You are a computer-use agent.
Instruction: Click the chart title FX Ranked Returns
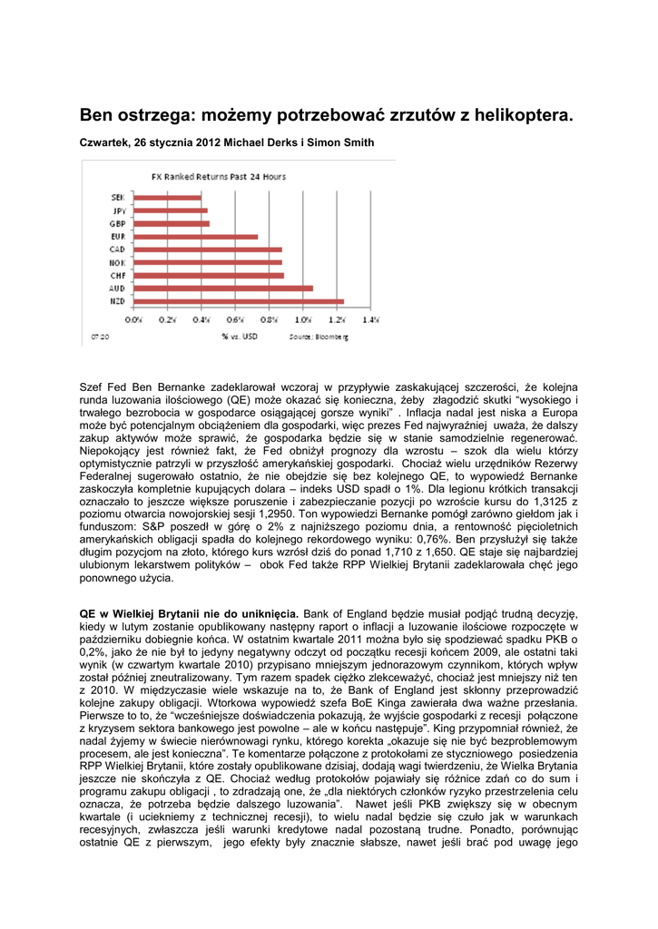coord(218,176)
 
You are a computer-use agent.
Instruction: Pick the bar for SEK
coord(167,197)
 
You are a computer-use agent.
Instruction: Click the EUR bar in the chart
coord(195,237)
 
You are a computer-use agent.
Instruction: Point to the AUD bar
coord(223,288)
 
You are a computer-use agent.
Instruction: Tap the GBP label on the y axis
coord(118,223)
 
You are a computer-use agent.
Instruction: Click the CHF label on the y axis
coord(118,275)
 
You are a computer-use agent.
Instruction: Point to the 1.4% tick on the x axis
coord(370,319)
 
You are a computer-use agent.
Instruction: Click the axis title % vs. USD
coord(238,337)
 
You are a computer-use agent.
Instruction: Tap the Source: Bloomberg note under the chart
coord(319,337)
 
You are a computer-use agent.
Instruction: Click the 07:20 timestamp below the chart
coord(99,337)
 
